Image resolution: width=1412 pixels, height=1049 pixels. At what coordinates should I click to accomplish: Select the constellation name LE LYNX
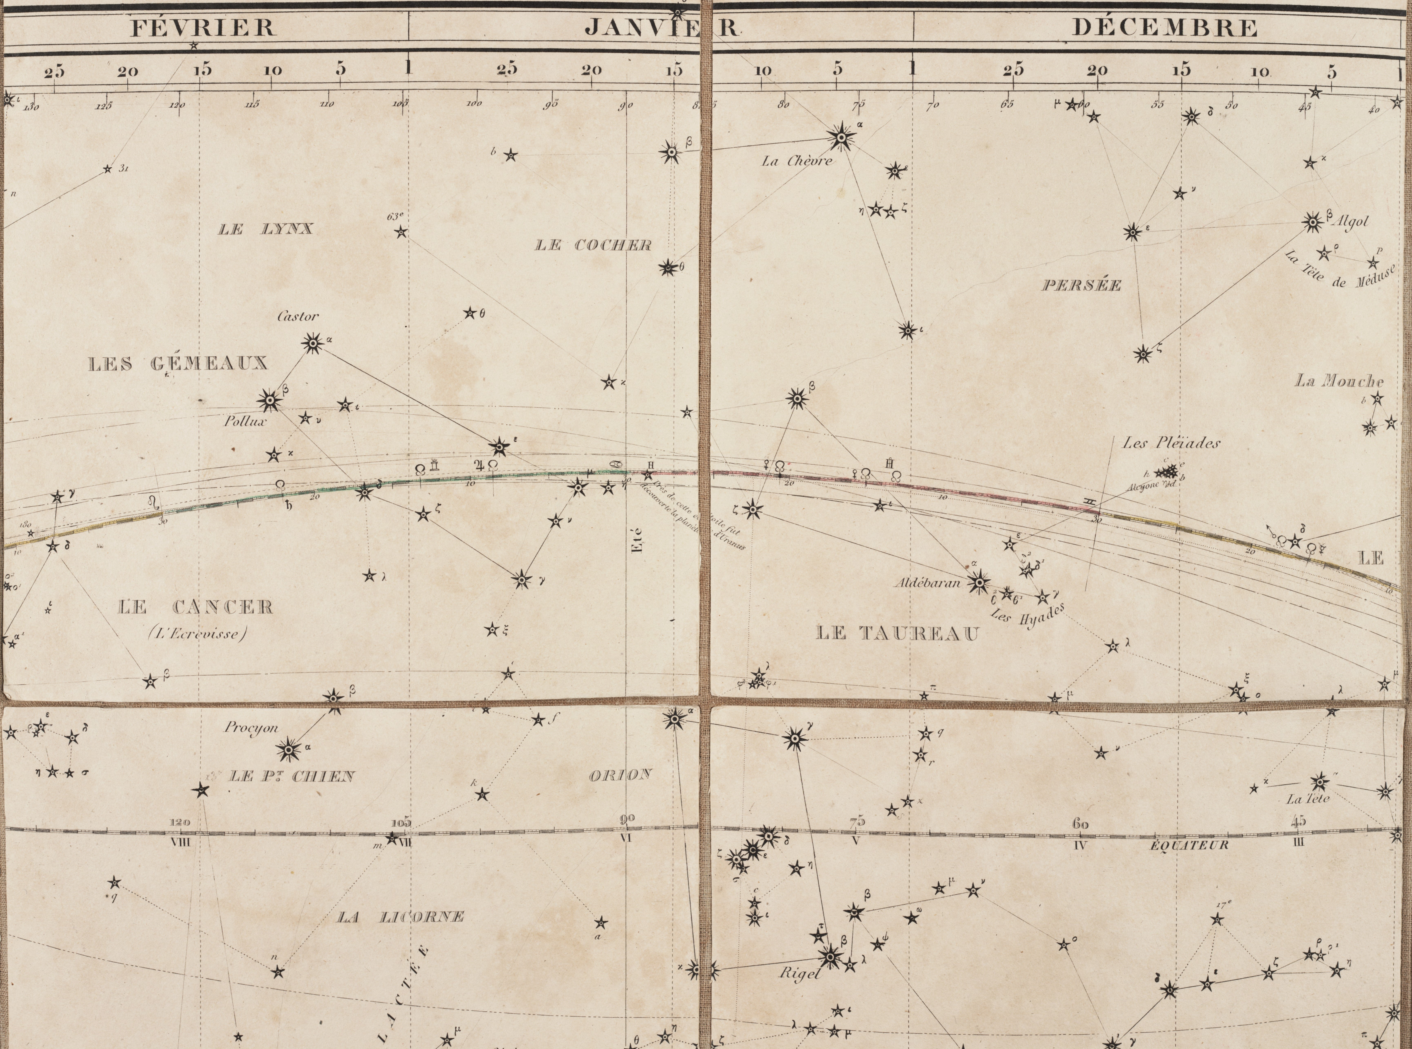point(265,229)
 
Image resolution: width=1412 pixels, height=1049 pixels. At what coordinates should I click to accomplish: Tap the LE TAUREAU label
point(897,633)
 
